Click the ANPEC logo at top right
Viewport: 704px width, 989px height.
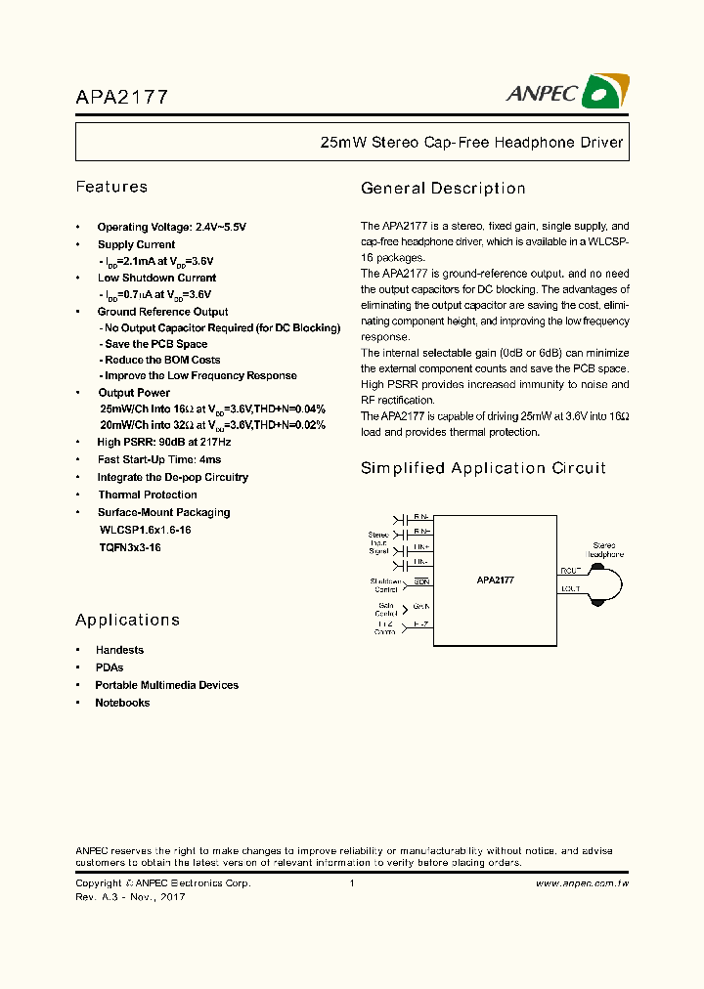click(x=567, y=92)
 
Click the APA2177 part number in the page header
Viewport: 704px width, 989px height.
click(x=122, y=97)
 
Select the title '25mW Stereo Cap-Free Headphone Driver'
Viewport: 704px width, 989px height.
click(x=471, y=143)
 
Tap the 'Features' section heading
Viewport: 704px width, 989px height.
click(x=111, y=187)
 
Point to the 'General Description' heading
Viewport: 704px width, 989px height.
click(x=443, y=189)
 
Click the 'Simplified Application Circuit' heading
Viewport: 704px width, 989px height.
click(x=483, y=468)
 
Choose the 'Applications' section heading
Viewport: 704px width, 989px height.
click(x=127, y=620)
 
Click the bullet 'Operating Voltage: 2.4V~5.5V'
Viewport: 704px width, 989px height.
click(x=171, y=227)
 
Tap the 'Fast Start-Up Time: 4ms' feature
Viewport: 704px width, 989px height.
click(x=158, y=459)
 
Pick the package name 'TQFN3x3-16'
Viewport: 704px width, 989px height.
click(x=130, y=548)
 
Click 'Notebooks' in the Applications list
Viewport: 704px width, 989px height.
click(x=122, y=703)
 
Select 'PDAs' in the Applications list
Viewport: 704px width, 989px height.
click(x=109, y=667)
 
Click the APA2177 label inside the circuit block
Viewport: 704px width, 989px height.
click(x=496, y=580)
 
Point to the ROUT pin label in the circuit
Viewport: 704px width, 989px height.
click(x=570, y=570)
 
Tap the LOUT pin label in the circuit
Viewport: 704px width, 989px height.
click(x=570, y=589)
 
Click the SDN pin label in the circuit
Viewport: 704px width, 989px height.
click(x=421, y=581)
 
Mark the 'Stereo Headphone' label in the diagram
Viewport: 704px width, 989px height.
click(x=604, y=549)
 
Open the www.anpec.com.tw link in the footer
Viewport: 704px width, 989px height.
click(x=582, y=883)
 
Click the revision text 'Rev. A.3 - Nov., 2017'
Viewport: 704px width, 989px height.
click(x=130, y=897)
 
